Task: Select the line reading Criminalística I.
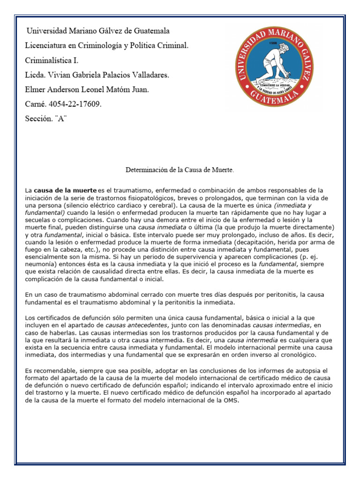(x=52, y=60)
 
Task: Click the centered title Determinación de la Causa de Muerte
(x=180, y=169)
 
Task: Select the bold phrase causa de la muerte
(x=65, y=190)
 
